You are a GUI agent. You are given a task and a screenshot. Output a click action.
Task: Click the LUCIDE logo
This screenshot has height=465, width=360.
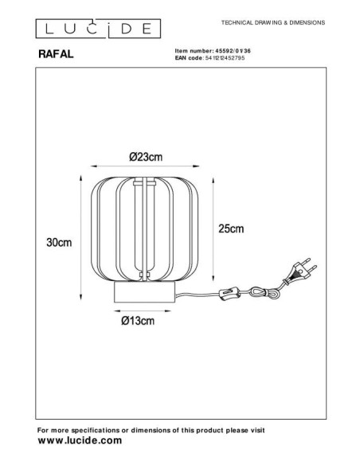coord(98,29)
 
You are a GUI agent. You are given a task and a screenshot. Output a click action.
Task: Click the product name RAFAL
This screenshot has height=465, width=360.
coord(56,54)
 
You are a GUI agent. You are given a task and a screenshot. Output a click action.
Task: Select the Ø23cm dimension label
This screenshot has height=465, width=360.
coord(146,157)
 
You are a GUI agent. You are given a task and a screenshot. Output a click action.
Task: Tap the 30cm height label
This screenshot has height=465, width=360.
coord(59,242)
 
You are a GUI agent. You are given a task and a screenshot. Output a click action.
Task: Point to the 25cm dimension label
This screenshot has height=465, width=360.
coord(231,229)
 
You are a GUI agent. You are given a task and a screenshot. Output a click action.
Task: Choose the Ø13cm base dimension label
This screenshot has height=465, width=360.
coord(138,321)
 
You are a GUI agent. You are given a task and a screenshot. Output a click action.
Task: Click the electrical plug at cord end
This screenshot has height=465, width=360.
coord(299,271)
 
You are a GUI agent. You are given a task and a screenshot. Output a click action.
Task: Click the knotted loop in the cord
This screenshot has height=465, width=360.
coord(264,293)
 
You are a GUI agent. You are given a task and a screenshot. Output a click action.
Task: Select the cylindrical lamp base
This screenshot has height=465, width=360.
coord(144,292)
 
